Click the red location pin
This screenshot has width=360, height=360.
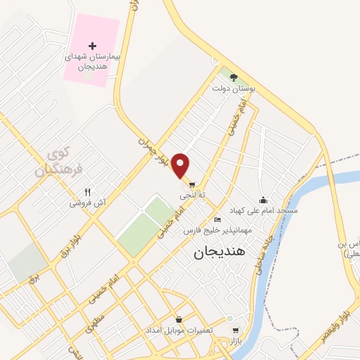pos(181,165)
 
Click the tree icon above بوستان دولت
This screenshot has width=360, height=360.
pos(233,78)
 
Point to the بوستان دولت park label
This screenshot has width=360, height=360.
pos(234,89)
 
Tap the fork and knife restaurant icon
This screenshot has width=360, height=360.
pos(88,192)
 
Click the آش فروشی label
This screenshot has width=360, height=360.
pos(88,203)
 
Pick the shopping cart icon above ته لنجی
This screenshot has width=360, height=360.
pos(191,184)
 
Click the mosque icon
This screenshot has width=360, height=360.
pos(263,200)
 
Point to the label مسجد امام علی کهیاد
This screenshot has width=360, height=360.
pos(263,210)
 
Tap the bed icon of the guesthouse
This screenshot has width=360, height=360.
pos(217,220)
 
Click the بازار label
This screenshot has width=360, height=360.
pos(235,340)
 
